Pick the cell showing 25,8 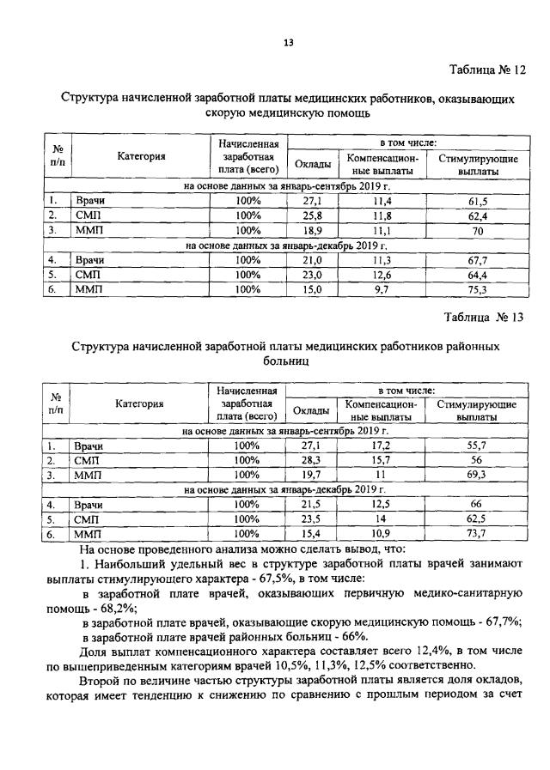point(311,215)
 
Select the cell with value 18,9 point(311,230)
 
